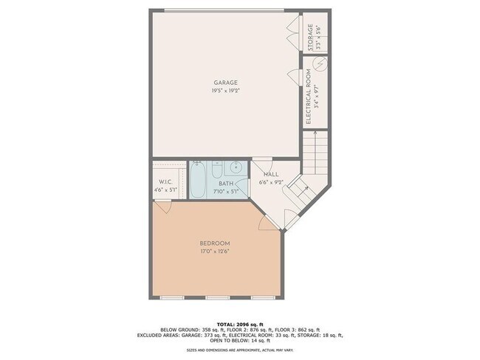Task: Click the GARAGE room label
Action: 225,83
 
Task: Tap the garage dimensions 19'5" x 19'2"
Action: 225,91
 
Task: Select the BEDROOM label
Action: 215,243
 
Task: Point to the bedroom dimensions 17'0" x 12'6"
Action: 215,251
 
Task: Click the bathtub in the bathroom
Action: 198,181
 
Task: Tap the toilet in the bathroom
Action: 216,172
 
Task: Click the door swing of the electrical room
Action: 295,75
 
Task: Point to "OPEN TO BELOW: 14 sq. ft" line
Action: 240,341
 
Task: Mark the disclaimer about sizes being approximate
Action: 239,351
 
